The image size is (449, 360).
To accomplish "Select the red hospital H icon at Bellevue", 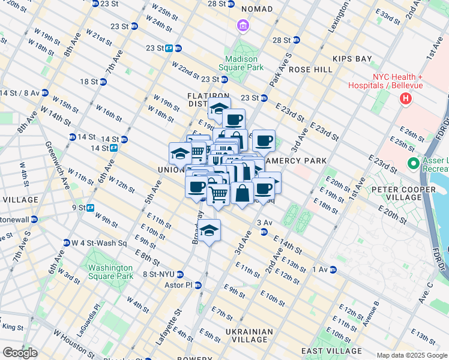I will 406,98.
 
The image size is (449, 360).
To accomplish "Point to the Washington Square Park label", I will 110,272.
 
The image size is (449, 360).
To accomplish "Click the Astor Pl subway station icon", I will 197,285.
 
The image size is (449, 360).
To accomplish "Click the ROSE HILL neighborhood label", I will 310,70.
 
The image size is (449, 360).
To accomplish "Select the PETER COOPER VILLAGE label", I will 405,193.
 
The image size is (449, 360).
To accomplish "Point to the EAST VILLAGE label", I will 331,351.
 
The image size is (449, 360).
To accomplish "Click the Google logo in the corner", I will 20,353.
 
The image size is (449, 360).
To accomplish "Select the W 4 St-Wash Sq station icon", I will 66,243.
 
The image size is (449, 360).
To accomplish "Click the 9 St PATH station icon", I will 91,208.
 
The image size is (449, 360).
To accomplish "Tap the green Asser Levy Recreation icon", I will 412,163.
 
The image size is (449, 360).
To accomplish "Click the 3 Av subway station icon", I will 263,232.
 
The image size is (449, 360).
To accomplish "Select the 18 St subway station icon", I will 103,82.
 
